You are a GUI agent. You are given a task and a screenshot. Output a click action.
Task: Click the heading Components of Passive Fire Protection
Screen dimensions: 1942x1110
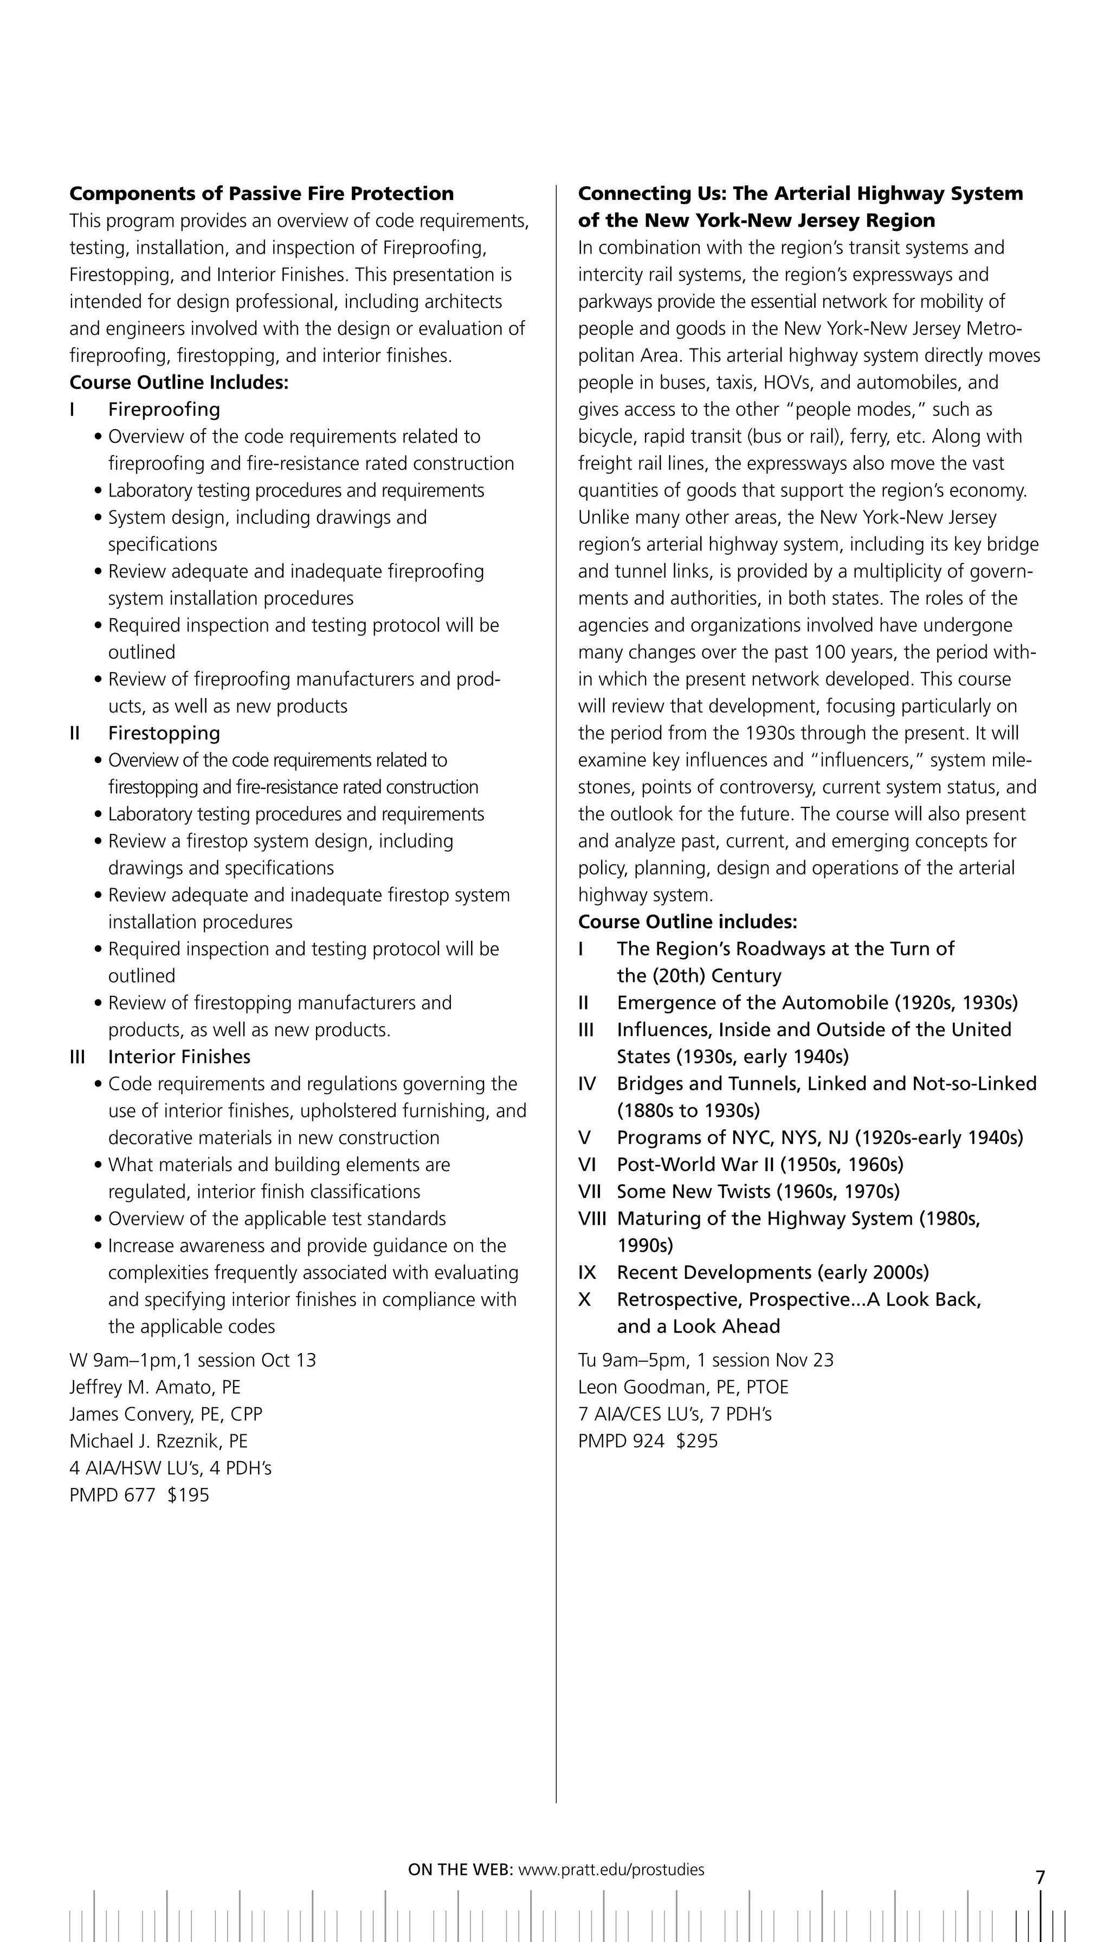tap(261, 193)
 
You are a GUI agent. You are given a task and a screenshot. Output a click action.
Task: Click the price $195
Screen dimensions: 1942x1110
tap(188, 1494)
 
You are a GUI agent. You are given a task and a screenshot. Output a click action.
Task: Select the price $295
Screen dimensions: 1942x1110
tap(697, 1440)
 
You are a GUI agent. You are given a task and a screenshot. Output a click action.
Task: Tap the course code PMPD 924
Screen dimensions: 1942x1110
tap(621, 1440)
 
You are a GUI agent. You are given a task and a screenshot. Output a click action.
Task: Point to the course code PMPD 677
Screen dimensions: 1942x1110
tap(112, 1494)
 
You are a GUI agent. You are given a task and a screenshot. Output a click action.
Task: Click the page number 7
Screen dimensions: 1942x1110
tap(1040, 1877)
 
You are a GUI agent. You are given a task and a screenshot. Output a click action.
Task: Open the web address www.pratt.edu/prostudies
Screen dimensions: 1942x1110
tap(611, 1869)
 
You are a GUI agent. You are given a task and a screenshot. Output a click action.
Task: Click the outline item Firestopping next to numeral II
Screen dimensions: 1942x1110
tap(164, 733)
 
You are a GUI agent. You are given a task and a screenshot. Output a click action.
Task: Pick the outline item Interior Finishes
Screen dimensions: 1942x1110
tap(179, 1057)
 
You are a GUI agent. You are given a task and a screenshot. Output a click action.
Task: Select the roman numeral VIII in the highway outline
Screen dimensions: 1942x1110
tap(592, 1218)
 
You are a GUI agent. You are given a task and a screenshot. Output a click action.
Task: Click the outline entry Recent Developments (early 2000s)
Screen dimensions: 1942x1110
tap(772, 1272)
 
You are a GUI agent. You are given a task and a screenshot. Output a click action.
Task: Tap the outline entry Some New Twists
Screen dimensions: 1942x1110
tap(758, 1192)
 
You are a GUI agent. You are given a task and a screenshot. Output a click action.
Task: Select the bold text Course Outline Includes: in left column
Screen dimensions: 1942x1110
tap(179, 383)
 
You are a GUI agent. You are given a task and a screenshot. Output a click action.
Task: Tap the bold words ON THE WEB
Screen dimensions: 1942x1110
tap(461, 1869)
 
